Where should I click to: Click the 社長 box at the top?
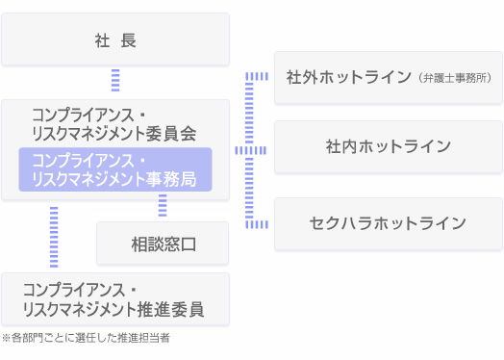coord(115,39)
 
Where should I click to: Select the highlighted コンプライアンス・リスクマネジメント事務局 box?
coord(115,169)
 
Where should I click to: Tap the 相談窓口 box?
coord(163,244)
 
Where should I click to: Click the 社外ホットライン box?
coord(388,77)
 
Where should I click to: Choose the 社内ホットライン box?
coord(388,146)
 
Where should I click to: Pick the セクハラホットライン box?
coord(388,223)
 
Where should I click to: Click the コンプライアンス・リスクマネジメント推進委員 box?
coord(115,299)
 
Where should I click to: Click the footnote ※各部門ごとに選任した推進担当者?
coord(86,338)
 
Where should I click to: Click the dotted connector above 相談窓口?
coord(163,206)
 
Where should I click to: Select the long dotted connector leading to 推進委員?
coord(54,236)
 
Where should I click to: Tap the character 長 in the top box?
coord(129,40)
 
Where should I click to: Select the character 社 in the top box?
coord(102,40)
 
